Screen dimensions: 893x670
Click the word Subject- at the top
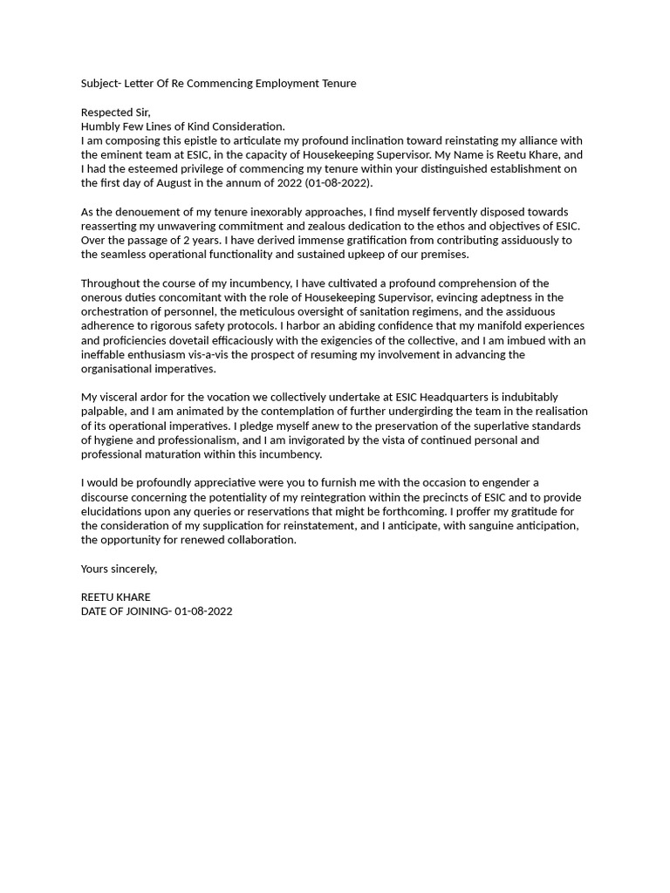coord(101,84)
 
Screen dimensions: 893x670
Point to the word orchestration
coord(118,311)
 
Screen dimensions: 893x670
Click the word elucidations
coord(114,511)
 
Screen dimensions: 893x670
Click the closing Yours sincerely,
coord(119,569)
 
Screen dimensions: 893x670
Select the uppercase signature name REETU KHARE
coord(115,597)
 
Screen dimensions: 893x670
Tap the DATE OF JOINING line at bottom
coord(156,611)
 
